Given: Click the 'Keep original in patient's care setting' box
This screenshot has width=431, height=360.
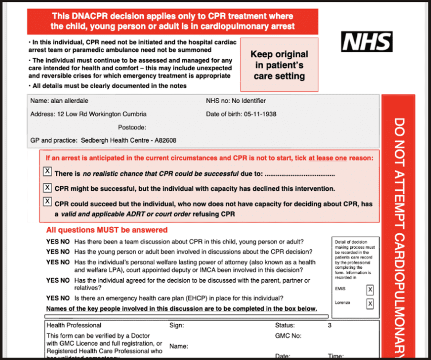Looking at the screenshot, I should click(279, 65).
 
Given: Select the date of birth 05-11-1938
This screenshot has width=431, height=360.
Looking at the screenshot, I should click(260, 114).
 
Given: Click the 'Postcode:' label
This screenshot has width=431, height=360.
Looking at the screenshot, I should click(132, 127).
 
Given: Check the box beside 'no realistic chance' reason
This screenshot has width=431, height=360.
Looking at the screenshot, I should click(47, 171).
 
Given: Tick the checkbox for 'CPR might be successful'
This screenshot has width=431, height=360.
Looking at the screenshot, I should click(47, 187).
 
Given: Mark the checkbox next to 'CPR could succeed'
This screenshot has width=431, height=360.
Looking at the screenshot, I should click(47, 201).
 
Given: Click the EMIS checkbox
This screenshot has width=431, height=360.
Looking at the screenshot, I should click(369, 289).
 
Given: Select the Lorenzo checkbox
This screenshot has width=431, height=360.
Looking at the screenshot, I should click(369, 304).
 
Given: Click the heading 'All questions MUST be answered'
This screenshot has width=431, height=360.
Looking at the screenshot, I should click(107, 230).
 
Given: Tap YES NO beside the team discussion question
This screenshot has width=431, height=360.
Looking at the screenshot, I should click(58, 242).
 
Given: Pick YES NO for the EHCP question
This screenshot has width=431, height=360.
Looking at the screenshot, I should click(58, 298).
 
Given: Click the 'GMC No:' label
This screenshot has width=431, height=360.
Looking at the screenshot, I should click(288, 336).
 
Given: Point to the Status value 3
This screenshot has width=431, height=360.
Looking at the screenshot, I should click(329, 326).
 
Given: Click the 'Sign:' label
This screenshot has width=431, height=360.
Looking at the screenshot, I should click(177, 326).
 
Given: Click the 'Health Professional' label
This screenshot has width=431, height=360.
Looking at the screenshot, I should click(74, 326).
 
